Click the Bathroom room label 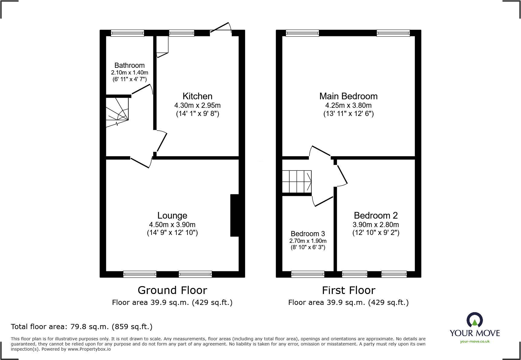point(129,65)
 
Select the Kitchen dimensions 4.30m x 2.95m point(197,105)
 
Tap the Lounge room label point(172,215)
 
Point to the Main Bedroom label point(348,96)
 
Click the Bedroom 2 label point(375,215)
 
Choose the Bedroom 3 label point(308,234)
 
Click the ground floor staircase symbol point(117,111)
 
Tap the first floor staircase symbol point(297,182)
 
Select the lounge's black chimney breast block point(234,215)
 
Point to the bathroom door point(142,89)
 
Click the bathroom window point(127,33)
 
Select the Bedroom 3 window point(308,274)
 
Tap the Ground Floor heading point(172,290)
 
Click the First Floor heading point(349,290)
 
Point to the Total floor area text point(82,327)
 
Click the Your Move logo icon point(474,320)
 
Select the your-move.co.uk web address point(475,342)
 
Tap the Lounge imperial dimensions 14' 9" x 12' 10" point(172,233)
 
